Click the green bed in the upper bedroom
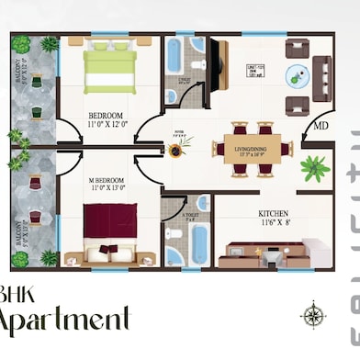pos(110,70)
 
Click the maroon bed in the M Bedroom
pos(110,224)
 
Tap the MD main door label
pos(320,126)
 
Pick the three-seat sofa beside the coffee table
pos(321,77)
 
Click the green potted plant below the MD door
pos(315,168)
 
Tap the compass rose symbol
pos(313,317)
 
